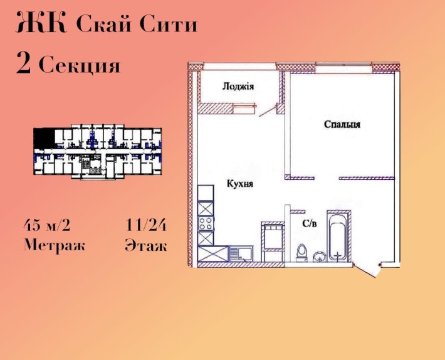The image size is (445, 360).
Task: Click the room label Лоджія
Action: pos(238,87)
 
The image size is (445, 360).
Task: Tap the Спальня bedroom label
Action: pos(342,124)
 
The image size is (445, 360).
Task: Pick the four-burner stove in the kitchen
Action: pos(206,222)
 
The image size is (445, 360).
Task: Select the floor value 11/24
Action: pos(146,225)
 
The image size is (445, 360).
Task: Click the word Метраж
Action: pos(55,245)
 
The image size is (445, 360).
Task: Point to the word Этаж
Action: pos(146,245)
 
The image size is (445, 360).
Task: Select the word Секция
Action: pos(79,65)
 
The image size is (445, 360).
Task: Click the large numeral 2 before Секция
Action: pos(23,65)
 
